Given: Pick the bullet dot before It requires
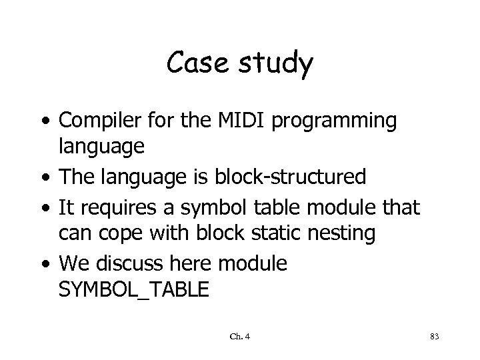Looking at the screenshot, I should point(45,208).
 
